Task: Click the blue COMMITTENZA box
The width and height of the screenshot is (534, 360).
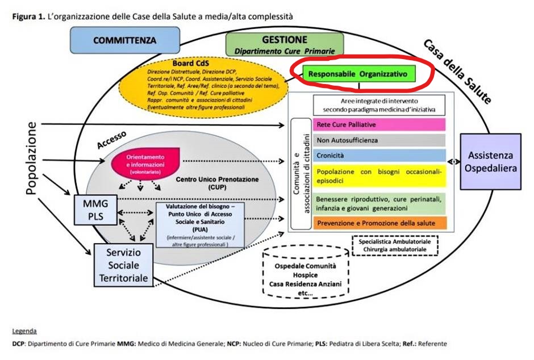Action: (124, 40)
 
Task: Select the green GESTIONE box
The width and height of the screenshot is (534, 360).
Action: (285, 44)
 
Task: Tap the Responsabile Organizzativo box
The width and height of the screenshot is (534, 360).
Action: (358, 74)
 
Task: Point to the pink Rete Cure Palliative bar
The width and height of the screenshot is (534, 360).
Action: (379, 125)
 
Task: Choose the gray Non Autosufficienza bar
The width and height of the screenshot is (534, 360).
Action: (379, 140)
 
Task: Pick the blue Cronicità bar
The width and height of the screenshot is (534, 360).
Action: (379, 155)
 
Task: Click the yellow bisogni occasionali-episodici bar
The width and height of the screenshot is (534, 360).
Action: (379, 177)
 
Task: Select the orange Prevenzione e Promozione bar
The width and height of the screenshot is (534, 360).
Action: (379, 223)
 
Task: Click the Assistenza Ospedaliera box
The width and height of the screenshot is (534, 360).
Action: (490, 161)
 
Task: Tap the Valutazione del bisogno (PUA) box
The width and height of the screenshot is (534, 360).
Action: (200, 225)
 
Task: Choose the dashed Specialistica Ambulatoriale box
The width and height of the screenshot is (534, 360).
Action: (395, 245)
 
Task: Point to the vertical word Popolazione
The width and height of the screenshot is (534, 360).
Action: (32, 158)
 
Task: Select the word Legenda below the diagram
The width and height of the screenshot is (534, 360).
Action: (24, 330)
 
